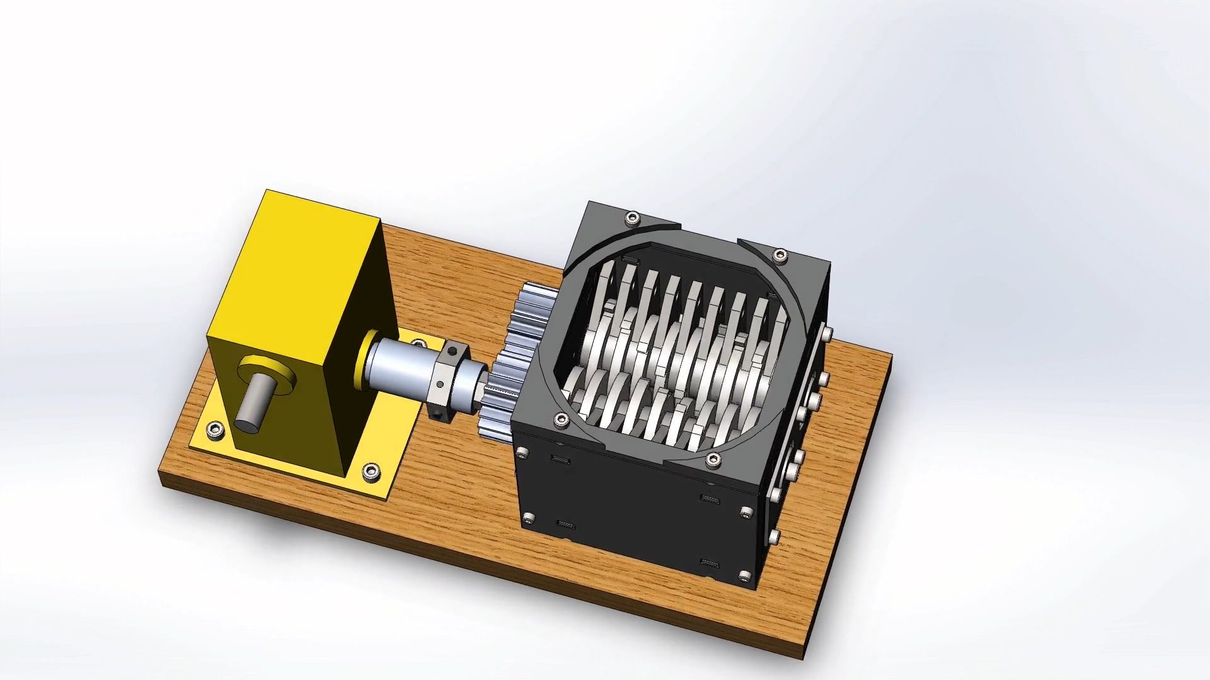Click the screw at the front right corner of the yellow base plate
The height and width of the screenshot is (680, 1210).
[x=370, y=472]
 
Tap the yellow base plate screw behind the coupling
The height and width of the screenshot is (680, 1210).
[x=418, y=343]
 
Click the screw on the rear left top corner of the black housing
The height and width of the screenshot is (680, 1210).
[x=630, y=218]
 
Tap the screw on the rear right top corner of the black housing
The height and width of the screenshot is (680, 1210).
[x=780, y=254]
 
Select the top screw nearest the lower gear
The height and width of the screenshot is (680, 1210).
[x=558, y=418]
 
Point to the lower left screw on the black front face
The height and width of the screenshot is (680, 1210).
[x=529, y=518]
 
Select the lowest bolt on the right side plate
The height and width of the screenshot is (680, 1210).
[x=775, y=537]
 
